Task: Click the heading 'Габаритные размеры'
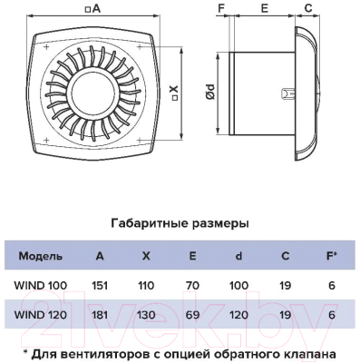tap(179, 222)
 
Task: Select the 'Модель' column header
tap(40, 255)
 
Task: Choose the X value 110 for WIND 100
tap(146, 286)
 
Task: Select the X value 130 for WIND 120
tap(146, 315)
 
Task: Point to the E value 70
tap(191, 286)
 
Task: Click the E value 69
tap(191, 315)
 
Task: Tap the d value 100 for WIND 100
tap(238, 286)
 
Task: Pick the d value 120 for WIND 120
tap(238, 315)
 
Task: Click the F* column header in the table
tap(332, 255)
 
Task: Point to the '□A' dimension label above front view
tap(93, 9)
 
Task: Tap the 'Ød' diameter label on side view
tap(208, 91)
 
